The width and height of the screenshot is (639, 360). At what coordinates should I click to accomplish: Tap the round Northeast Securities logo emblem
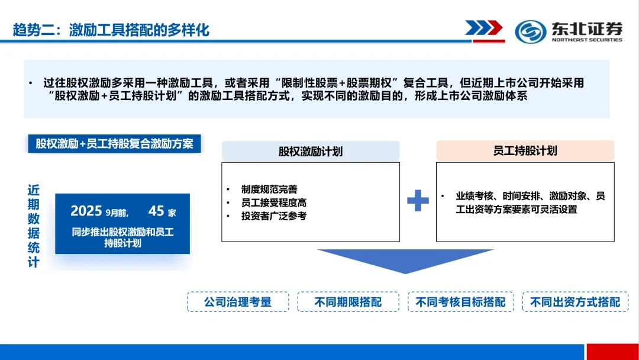[530, 31]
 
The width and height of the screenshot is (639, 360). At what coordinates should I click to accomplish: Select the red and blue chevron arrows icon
[483, 28]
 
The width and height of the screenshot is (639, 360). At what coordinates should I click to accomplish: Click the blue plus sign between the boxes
[418, 201]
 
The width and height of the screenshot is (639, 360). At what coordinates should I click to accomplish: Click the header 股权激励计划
[311, 152]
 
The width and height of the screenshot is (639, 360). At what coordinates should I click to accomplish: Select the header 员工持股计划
[525, 150]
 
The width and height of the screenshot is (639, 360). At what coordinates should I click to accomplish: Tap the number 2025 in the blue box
[86, 211]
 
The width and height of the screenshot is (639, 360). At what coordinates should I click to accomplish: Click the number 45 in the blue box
[156, 211]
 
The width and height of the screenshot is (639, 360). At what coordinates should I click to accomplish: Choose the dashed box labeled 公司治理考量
[238, 302]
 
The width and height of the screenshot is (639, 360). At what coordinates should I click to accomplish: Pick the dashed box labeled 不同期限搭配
[348, 302]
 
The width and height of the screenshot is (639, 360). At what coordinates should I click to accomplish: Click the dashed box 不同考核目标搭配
[460, 302]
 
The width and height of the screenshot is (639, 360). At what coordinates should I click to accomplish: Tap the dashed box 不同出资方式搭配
[575, 302]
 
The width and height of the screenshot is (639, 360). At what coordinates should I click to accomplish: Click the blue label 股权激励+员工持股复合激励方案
[114, 144]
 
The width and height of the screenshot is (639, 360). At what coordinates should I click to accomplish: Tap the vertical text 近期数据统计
[34, 226]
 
